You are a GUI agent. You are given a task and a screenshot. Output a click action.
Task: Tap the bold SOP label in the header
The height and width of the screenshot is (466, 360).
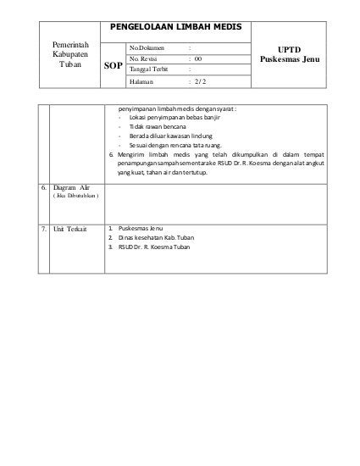coord(112,65)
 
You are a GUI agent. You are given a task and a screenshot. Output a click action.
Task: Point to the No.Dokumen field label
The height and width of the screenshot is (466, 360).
coord(147,47)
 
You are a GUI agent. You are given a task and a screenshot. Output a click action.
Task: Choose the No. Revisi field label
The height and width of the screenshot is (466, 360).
coord(145,58)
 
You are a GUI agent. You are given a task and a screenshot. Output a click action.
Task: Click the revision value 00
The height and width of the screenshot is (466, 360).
coord(197,58)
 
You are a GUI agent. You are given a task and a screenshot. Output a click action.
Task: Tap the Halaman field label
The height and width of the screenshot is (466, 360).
coord(142,82)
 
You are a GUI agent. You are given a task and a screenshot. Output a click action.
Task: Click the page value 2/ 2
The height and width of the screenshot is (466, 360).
coord(199,82)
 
